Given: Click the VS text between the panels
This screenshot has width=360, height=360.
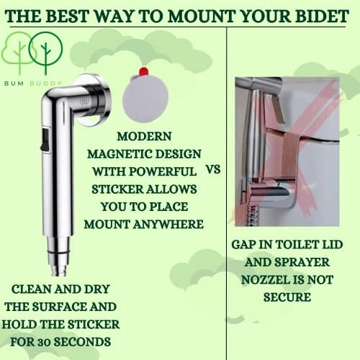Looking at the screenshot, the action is pyautogui.click(x=213, y=170).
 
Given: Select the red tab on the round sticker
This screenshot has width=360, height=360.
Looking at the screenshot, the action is pyautogui.click(x=143, y=71).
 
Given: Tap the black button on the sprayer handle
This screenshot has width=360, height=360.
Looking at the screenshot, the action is pyautogui.click(x=45, y=140).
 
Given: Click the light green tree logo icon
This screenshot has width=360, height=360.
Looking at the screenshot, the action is pyautogui.click(x=19, y=52).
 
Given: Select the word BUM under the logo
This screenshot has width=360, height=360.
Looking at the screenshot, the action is pyautogui.click(x=14, y=84).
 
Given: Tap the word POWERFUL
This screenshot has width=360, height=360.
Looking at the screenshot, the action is pyautogui.click(x=163, y=171).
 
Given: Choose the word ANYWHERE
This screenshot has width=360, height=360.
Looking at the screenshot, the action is pyautogui.click(x=168, y=225).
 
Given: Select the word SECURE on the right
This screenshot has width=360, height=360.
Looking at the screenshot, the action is pyautogui.click(x=287, y=297).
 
